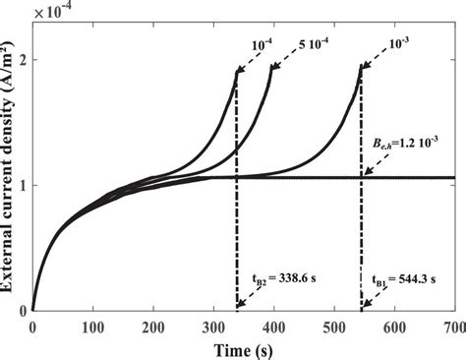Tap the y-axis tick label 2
22,60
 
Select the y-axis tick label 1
22,186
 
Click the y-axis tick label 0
22,311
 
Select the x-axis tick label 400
272,326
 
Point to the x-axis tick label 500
332,326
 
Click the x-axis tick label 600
392,326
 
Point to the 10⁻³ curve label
403,43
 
